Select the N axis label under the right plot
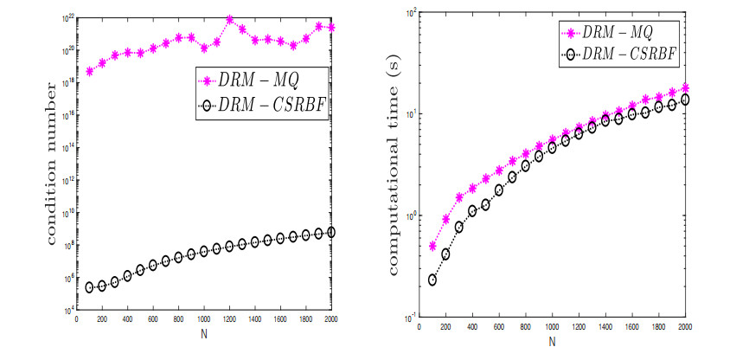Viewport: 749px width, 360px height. pyautogui.click(x=552, y=340)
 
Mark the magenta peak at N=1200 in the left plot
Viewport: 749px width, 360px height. pyautogui.click(x=230, y=18)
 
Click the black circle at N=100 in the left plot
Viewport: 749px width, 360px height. pyautogui.click(x=89, y=287)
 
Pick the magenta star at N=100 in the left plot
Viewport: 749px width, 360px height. pyautogui.click(x=89, y=71)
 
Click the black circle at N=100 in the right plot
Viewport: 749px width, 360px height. pyautogui.click(x=432, y=280)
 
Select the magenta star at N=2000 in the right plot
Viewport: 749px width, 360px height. pyautogui.click(x=686, y=87)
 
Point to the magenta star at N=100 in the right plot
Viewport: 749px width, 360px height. pyautogui.click(x=432, y=246)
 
